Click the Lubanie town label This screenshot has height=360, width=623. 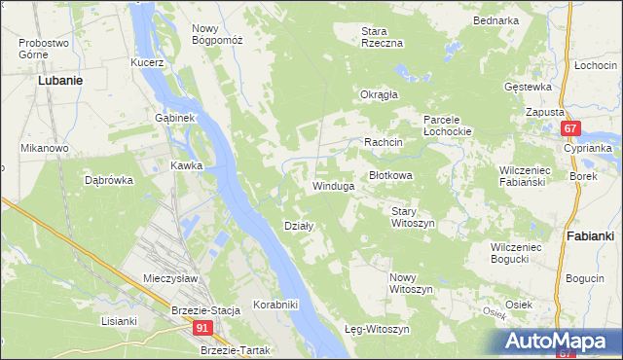click(x=58, y=81)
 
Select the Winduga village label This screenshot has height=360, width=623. click(x=332, y=185)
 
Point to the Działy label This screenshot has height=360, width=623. click(x=298, y=226)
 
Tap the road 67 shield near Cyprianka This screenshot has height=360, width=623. click(x=571, y=128)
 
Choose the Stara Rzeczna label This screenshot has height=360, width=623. click(x=382, y=37)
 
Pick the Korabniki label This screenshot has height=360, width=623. click(x=275, y=305)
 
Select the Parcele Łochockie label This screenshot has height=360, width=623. click(x=448, y=125)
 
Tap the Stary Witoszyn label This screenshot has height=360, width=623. click(x=412, y=216)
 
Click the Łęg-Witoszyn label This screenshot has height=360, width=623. click(x=379, y=329)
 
